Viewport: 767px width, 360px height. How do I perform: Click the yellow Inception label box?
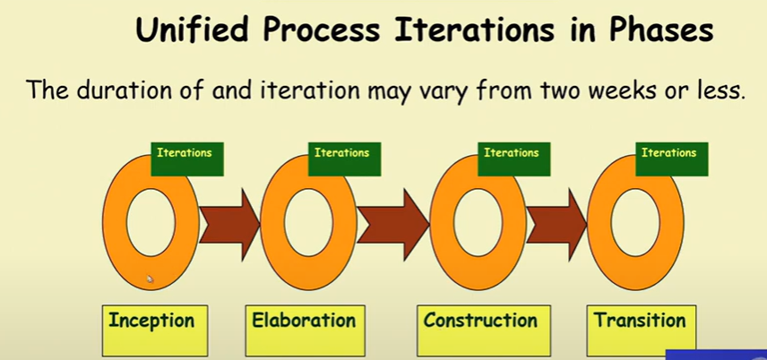pos(155,330)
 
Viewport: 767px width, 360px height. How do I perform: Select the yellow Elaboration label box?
pos(306,330)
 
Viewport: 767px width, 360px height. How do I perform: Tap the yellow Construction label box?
pos(484,330)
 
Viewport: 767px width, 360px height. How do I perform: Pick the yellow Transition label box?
pos(642,330)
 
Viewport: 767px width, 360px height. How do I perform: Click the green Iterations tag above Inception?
pos(187,159)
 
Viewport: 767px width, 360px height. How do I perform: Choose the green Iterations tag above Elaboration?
pos(344,159)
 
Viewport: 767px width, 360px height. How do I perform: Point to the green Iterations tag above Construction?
pos(514,159)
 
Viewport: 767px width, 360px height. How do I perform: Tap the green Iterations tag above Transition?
pos(672,159)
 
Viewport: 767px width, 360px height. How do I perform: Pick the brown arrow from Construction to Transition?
pos(556,225)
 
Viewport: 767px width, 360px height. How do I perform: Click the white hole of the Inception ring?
pos(151,223)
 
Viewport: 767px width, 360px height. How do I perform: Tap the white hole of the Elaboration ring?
pos(308,223)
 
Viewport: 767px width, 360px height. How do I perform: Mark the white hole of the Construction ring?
pos(478,223)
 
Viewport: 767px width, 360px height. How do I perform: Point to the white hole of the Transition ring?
pos(635,223)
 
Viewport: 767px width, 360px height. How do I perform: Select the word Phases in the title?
pos(660,30)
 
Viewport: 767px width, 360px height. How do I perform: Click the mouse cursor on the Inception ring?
pos(150,279)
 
